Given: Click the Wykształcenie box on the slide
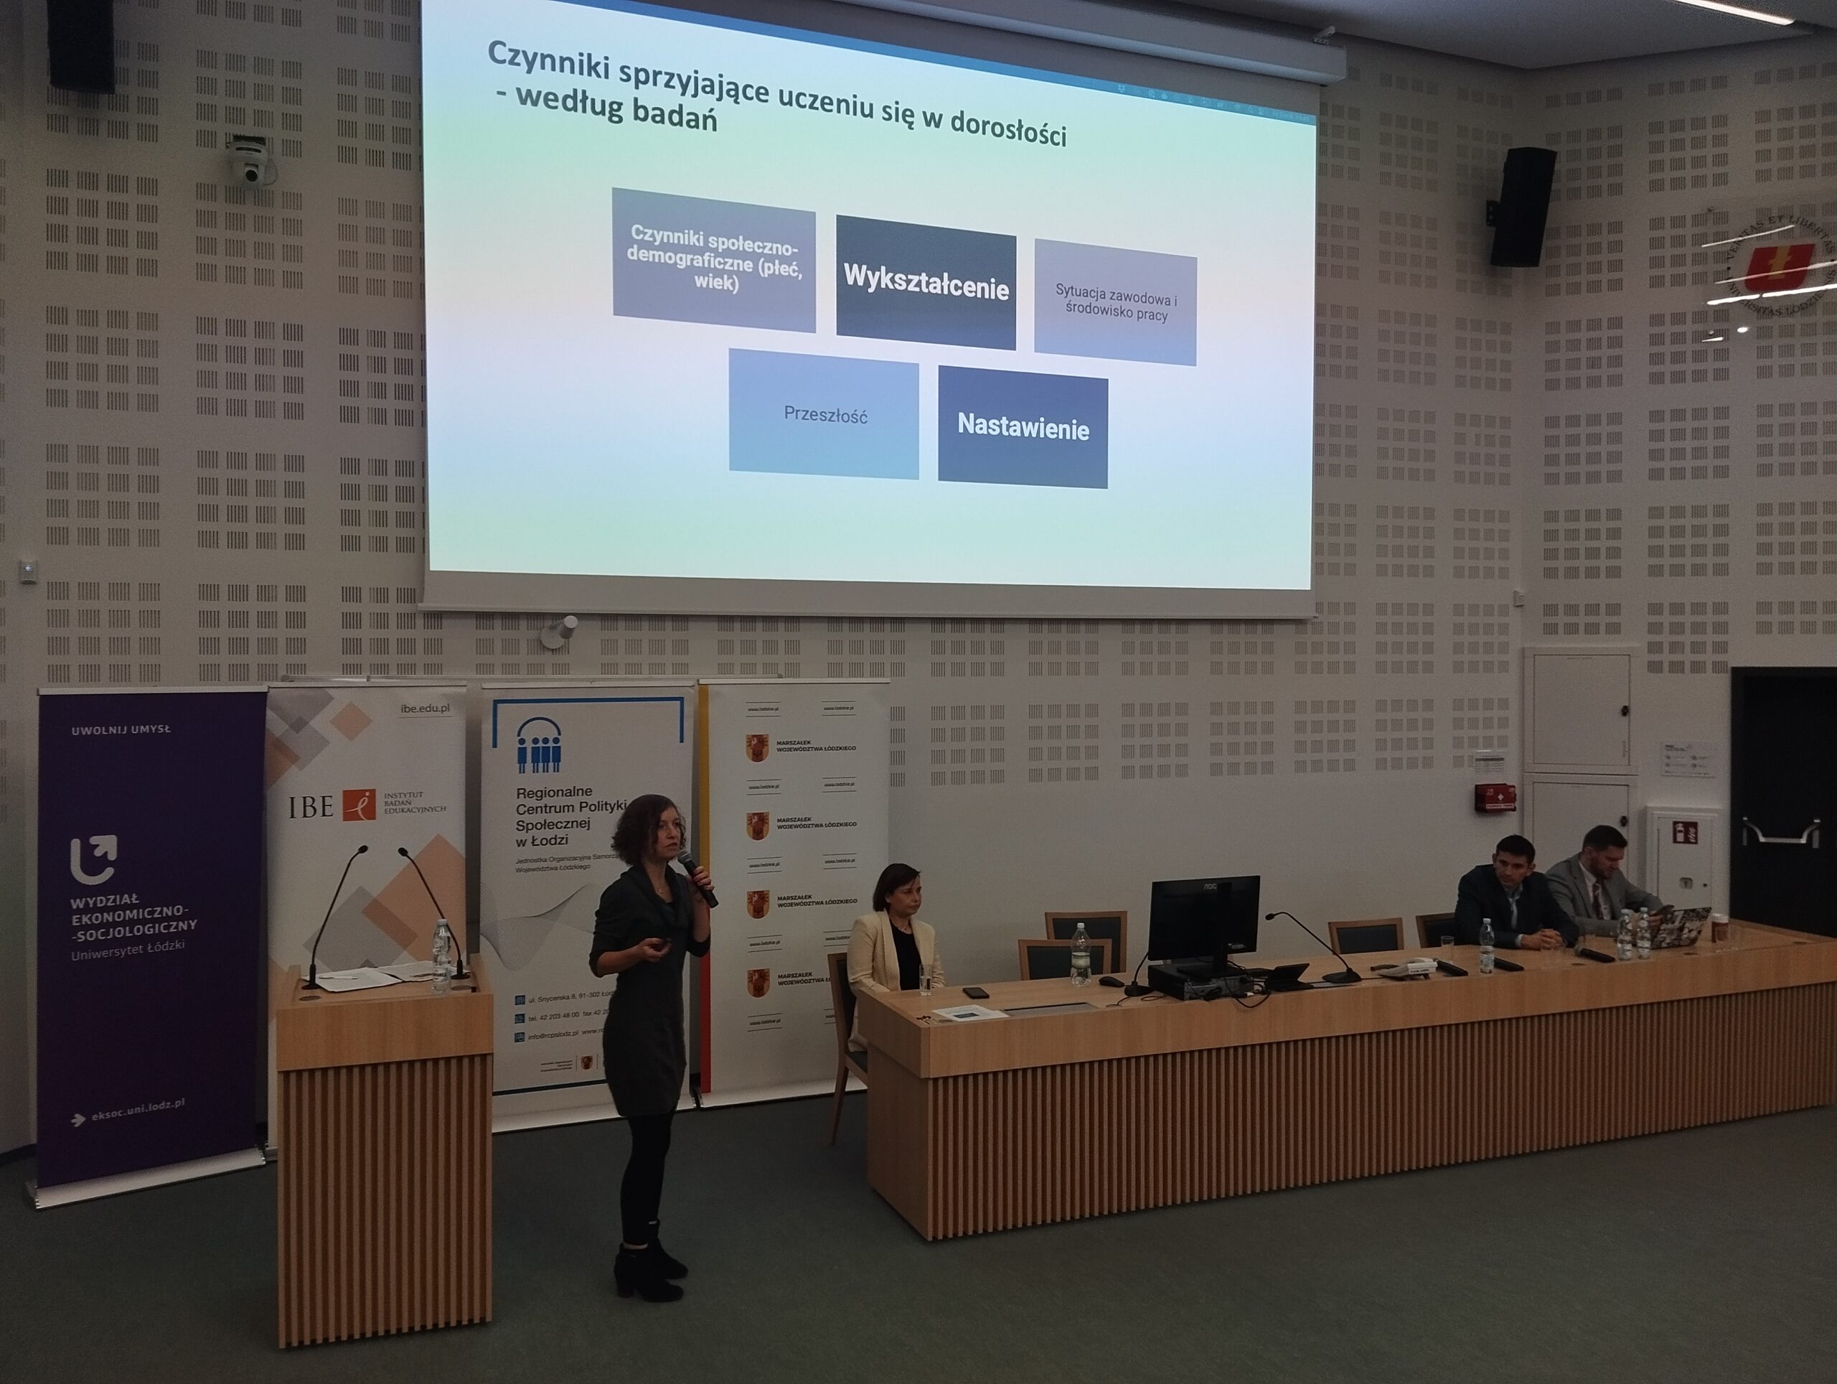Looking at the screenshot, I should [x=925, y=282].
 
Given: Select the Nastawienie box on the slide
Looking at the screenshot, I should [x=1023, y=428].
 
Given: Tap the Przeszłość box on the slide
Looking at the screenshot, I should [x=824, y=413].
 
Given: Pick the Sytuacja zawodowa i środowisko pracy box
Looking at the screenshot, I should [x=1114, y=303].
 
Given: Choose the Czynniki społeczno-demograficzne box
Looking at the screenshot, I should [x=713, y=259].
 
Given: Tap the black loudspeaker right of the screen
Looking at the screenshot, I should [x=1521, y=207].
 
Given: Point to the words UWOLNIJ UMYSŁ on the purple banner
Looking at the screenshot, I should [x=121, y=729].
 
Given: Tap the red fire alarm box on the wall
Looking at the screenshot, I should [x=1495, y=798].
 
